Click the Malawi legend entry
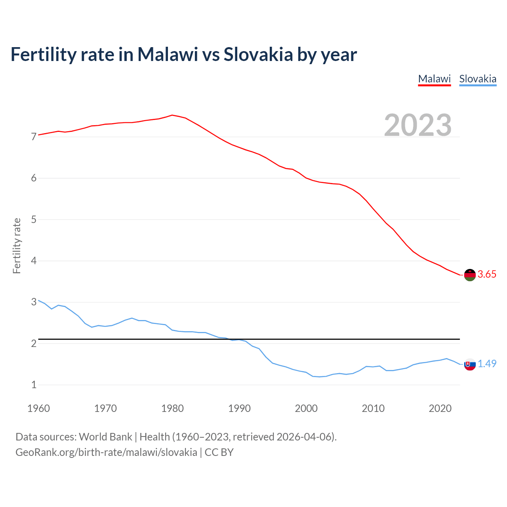(x=434, y=79)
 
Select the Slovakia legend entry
(x=477, y=79)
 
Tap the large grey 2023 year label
(x=417, y=125)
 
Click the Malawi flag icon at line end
(x=470, y=274)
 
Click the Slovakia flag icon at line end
(x=470, y=364)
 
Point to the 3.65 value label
(x=487, y=274)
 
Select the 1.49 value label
(x=487, y=364)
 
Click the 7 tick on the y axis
(x=34, y=137)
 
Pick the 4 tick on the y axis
(x=34, y=261)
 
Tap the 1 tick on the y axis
(x=34, y=385)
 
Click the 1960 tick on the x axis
(x=38, y=408)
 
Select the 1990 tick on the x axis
(x=239, y=408)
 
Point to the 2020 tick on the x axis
(x=440, y=408)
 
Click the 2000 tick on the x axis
(x=306, y=408)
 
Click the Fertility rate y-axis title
(x=17, y=246)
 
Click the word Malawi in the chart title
(x=168, y=54)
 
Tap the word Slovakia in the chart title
(x=258, y=54)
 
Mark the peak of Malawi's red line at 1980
(x=172, y=115)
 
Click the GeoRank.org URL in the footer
(x=106, y=452)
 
